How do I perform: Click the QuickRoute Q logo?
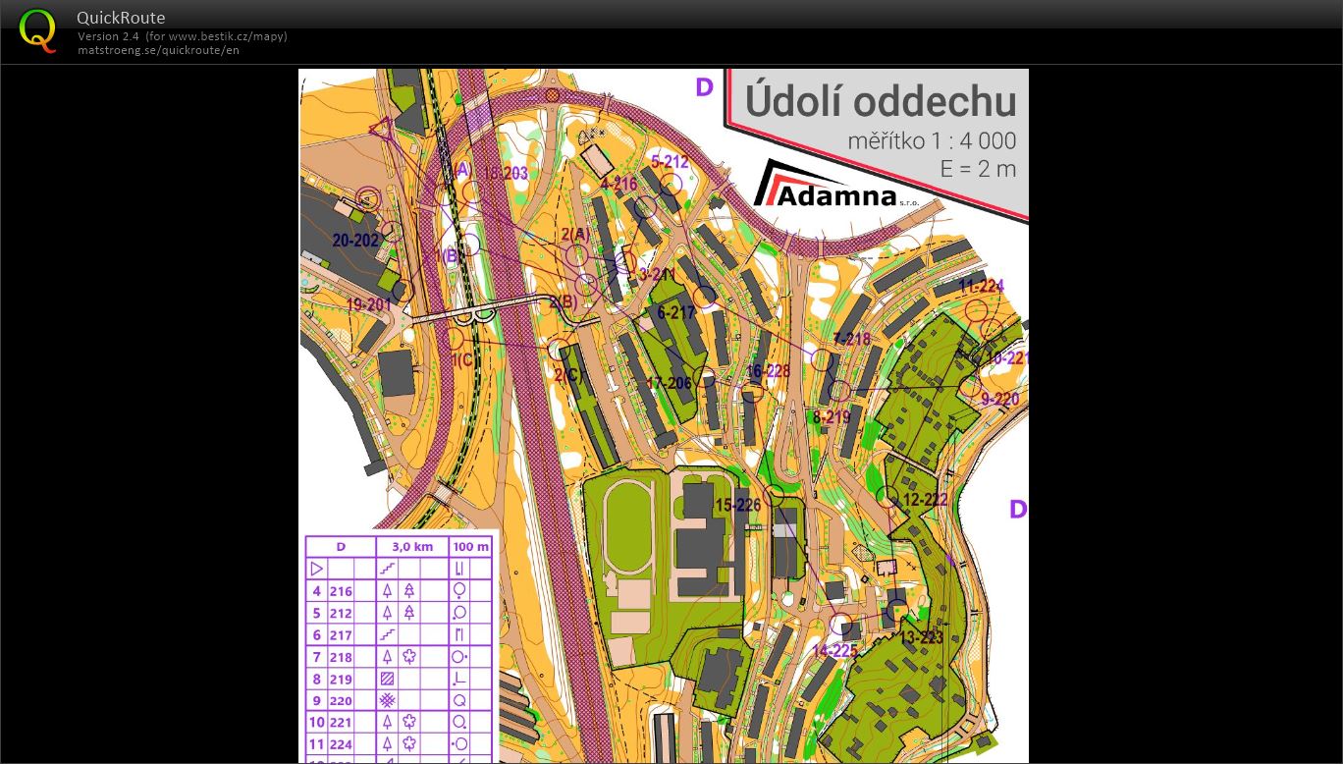click(37, 30)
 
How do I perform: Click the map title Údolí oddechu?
click(880, 101)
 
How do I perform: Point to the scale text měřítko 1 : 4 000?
click(931, 141)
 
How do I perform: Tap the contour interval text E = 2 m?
click(977, 169)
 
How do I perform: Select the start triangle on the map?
click(381, 127)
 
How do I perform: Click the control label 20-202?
click(355, 241)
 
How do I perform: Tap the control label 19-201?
click(369, 304)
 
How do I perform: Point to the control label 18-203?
click(505, 174)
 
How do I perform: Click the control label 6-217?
click(676, 313)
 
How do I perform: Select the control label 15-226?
click(738, 506)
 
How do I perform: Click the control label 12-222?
click(925, 500)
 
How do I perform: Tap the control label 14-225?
click(835, 650)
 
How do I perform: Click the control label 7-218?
click(851, 339)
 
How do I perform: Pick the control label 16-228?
click(768, 371)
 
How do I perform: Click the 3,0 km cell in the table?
click(412, 547)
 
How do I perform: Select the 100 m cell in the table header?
click(471, 547)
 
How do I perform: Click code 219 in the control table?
click(341, 679)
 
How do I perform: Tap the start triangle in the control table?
click(316, 569)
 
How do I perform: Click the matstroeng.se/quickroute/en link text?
click(158, 50)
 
